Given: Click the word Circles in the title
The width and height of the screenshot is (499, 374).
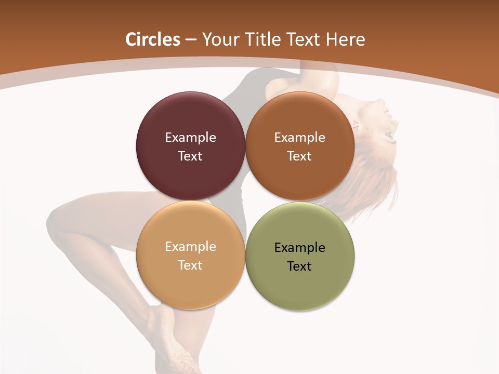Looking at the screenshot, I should [x=152, y=39].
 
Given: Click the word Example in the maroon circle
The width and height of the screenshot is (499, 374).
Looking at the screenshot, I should [x=190, y=138].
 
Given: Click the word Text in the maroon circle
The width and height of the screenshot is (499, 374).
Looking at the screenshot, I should [x=190, y=156].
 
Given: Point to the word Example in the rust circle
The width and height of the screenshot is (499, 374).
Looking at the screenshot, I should [x=299, y=138].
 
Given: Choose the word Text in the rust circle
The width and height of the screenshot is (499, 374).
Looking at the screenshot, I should [x=299, y=156].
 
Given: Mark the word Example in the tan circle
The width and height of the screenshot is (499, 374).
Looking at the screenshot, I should [x=190, y=247].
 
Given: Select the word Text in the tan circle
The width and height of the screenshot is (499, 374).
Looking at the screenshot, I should [x=190, y=265].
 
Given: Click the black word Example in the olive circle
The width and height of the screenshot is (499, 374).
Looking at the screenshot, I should [x=299, y=248].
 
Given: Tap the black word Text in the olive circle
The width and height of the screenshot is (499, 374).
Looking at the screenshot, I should [x=299, y=266].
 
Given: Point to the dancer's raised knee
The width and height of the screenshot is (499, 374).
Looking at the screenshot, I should [x=57, y=216].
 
